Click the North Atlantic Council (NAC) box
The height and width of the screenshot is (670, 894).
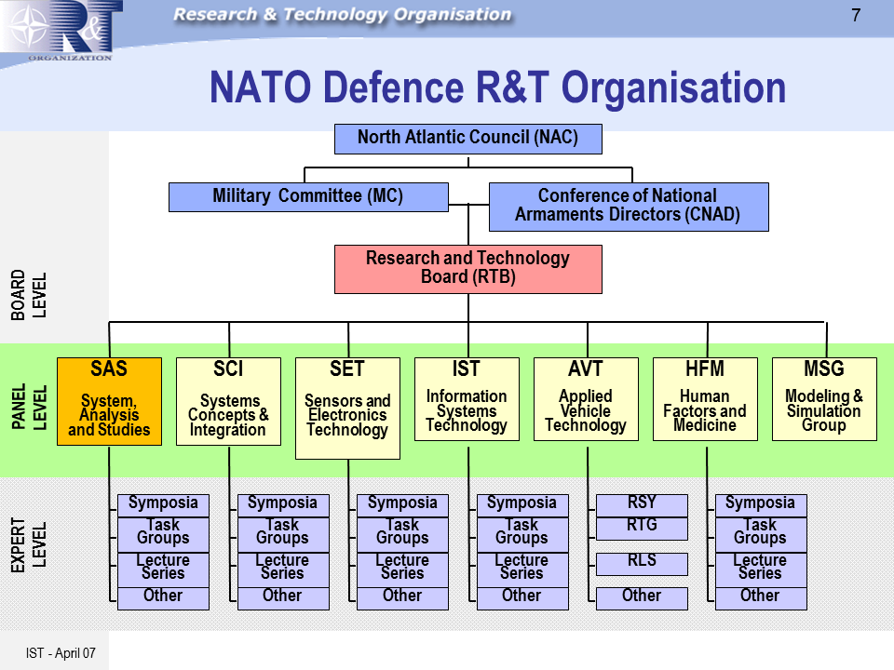point(467,139)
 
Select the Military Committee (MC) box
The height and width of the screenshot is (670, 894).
point(307,196)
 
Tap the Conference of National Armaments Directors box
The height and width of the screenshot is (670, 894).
point(629,206)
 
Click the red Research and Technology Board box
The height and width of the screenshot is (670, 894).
point(467,268)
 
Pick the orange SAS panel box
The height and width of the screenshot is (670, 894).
point(109,401)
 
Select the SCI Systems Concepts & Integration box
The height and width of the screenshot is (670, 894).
point(228,401)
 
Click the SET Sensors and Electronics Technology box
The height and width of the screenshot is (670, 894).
point(347,408)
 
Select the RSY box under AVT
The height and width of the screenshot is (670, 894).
point(642,504)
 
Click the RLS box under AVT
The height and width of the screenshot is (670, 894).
point(642,563)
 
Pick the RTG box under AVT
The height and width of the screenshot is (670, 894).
point(642,528)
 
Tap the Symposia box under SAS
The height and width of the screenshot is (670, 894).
point(163,504)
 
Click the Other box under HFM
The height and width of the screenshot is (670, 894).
point(760,597)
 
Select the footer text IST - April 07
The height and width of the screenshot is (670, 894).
point(61,652)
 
